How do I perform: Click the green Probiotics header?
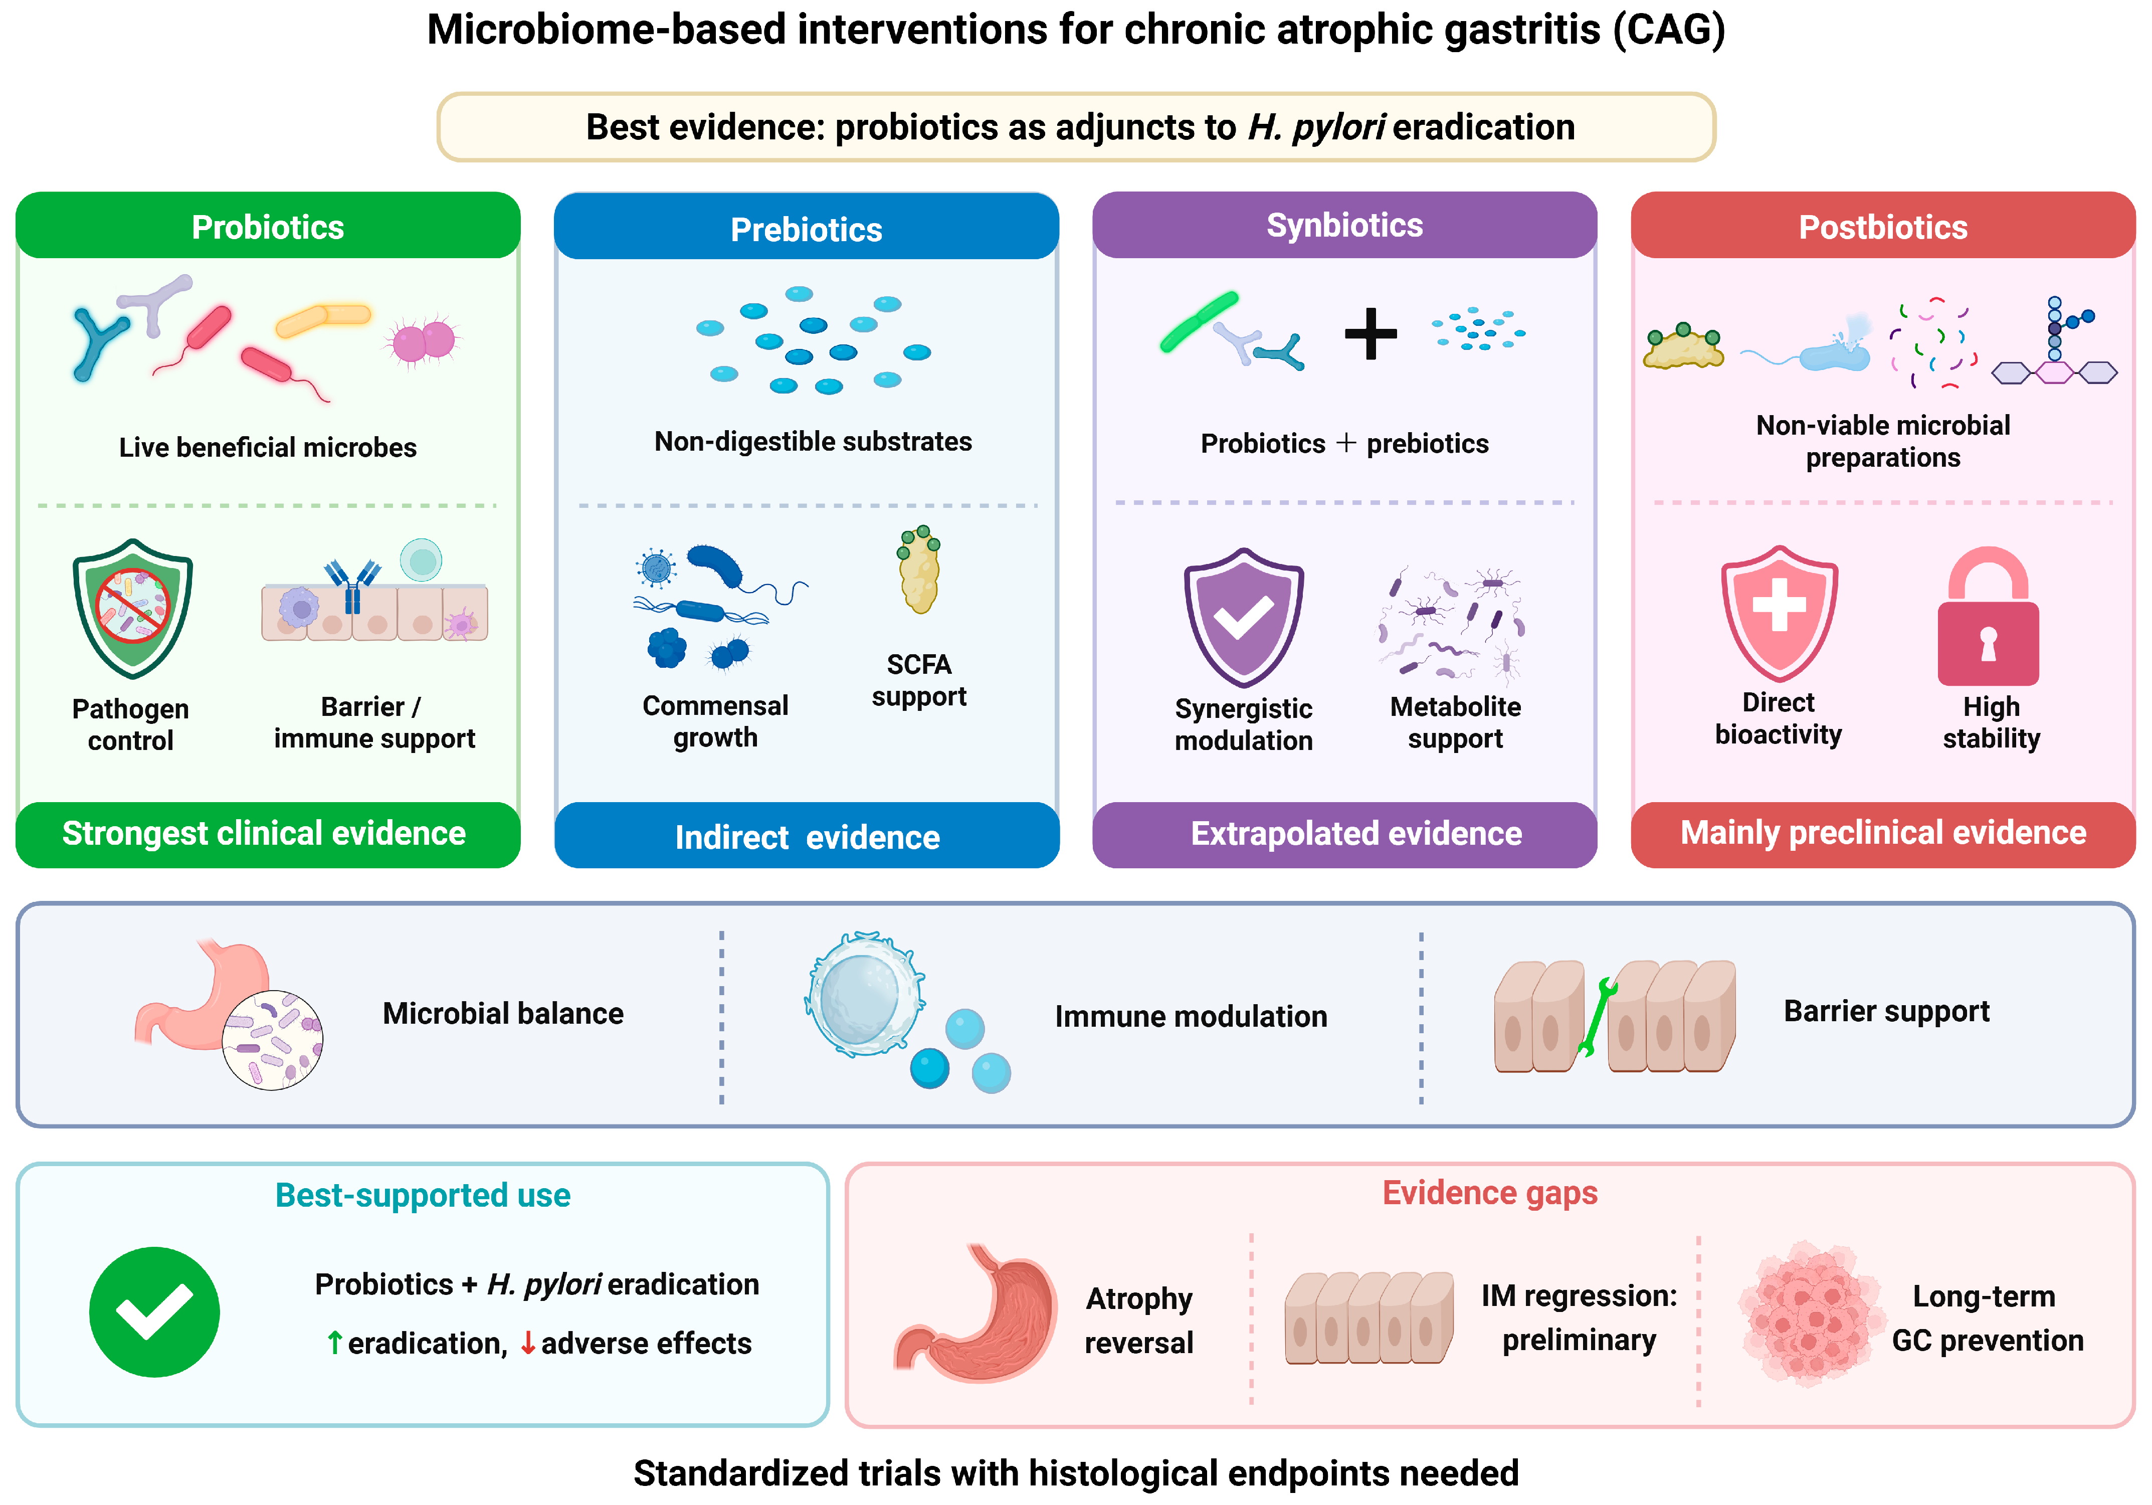tap(268, 226)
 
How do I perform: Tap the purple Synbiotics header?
tap(1345, 225)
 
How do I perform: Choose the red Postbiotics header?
tap(1883, 226)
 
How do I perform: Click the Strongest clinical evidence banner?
tap(268, 834)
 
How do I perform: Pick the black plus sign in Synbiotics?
tap(1371, 333)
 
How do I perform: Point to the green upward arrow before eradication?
tap(335, 1343)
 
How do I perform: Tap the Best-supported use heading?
tap(423, 1196)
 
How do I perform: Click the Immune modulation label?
tap(1191, 1017)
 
